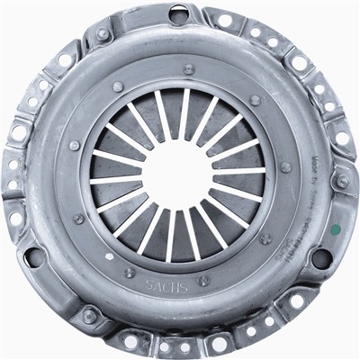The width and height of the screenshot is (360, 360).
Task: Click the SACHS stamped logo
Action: pyautogui.click(x=167, y=286)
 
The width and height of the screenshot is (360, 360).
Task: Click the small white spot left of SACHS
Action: pyautogui.click(x=110, y=256)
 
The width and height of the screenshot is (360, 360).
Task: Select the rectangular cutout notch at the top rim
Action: pyautogui.click(x=179, y=13)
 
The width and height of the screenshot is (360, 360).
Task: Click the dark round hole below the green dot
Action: pyautogui.click(x=321, y=258)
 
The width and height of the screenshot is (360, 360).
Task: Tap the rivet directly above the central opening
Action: pyautogui.click(x=188, y=69)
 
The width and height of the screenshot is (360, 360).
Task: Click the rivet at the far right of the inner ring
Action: pyautogui.click(x=285, y=167)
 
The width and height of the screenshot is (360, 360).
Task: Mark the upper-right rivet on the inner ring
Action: pyautogui.click(x=256, y=100)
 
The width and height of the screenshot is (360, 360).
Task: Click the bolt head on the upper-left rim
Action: pyautogui.click(x=103, y=35)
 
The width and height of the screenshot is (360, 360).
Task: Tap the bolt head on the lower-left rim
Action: pyautogui.click(x=89, y=315)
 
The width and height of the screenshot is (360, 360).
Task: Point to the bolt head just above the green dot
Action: pyautogui.click(x=341, y=182)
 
